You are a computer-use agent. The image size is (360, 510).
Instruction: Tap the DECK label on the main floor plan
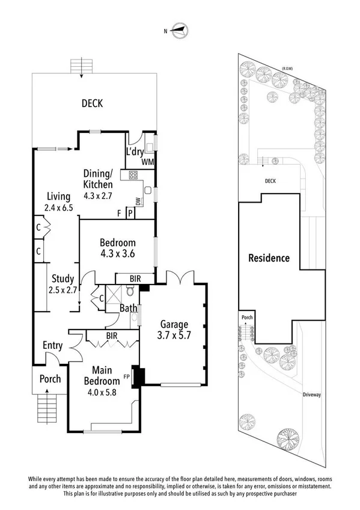[x=93, y=103]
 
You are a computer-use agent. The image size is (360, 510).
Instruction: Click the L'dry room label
[x=135, y=152]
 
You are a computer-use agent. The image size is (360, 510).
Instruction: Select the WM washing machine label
[x=148, y=162]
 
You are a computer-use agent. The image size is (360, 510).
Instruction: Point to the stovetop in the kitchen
[x=133, y=176]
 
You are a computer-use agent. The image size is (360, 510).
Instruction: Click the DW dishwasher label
[x=138, y=201]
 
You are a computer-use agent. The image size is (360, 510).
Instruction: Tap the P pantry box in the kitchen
[x=130, y=213]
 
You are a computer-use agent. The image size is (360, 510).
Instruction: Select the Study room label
[x=63, y=278]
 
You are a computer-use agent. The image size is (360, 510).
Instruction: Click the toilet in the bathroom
[x=130, y=290]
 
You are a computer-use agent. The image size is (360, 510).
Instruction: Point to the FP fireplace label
[x=127, y=377]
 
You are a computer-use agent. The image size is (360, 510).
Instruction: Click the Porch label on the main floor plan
[x=50, y=379]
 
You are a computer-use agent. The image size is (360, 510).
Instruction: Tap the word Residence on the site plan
[x=269, y=258]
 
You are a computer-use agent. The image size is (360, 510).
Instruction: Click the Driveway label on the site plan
[x=311, y=395]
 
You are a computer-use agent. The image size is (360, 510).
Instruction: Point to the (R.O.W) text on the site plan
[x=287, y=69]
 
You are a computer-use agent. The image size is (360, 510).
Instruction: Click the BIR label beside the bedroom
[x=135, y=278]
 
